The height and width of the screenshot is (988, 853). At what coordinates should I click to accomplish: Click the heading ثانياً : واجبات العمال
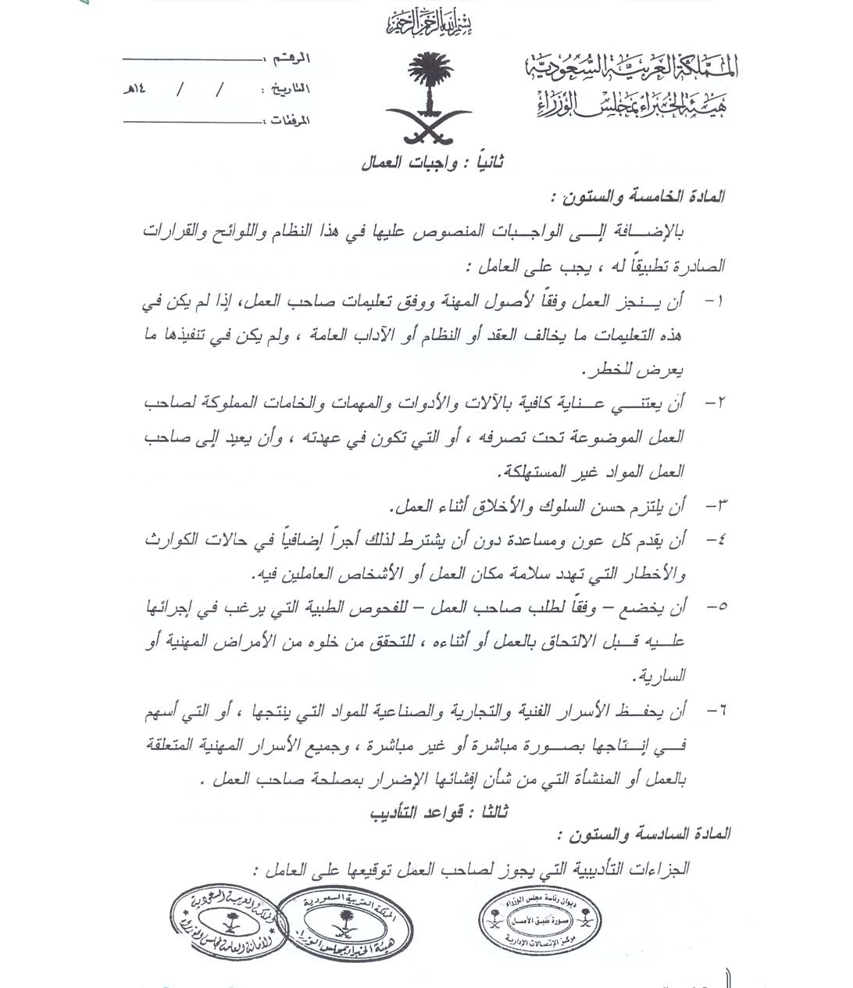432,163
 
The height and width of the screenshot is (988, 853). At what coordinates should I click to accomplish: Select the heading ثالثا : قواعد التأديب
439,812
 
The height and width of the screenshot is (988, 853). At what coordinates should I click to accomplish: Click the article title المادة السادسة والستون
644,834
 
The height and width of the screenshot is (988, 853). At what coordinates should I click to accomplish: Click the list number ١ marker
715,302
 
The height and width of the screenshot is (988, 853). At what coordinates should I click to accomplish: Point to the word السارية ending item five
662,675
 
